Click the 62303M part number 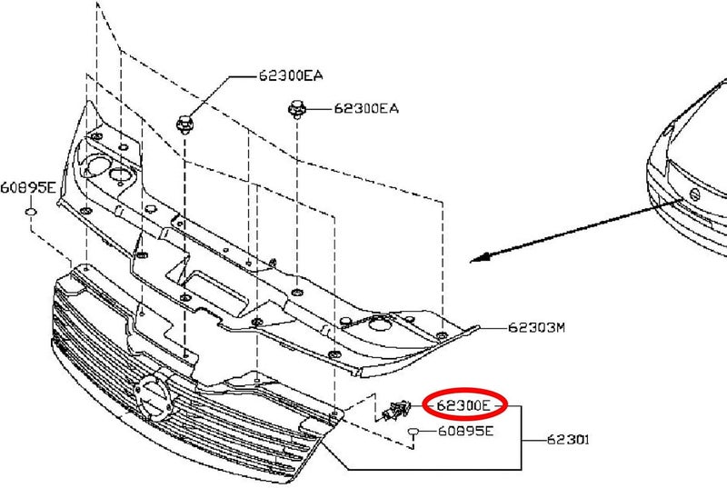[x=536, y=328]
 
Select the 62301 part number [x=568, y=439]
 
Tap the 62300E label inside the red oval [x=463, y=405]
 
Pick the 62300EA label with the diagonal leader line [x=290, y=75]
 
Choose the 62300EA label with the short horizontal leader [x=366, y=108]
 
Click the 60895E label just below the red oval [x=465, y=431]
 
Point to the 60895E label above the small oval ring [x=28, y=188]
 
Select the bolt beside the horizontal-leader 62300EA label [x=297, y=109]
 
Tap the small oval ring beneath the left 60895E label [x=31, y=213]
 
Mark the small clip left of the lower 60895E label [x=413, y=433]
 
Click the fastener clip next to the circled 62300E [x=395, y=411]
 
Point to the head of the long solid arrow [x=471, y=262]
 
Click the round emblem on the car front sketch [x=694, y=194]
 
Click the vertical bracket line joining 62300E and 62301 [x=522, y=437]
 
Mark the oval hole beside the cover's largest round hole [x=119, y=174]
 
